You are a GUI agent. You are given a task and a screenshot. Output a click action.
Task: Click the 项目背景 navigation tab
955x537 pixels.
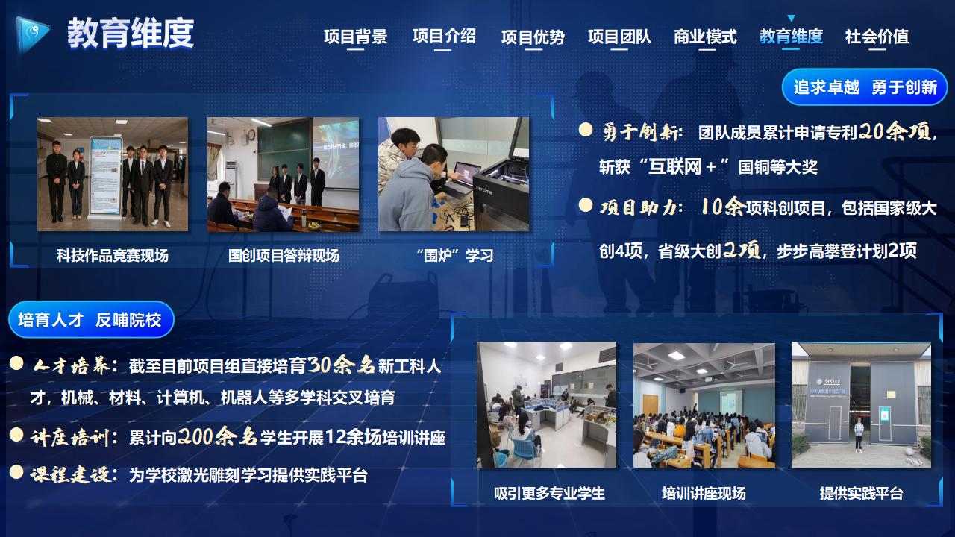coord(355,37)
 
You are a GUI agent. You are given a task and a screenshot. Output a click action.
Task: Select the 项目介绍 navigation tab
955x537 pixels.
coord(444,37)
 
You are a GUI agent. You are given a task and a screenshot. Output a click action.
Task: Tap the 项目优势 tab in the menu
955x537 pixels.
coord(533,37)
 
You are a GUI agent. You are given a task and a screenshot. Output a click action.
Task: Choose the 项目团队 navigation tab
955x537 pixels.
coord(619,37)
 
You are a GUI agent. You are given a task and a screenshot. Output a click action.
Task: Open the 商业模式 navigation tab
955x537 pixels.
coord(705,37)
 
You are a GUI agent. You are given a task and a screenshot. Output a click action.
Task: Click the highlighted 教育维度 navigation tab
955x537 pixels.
coord(791,37)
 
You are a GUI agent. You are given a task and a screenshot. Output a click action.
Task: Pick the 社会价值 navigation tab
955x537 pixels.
coord(877,37)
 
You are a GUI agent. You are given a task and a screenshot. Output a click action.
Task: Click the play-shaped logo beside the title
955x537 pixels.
coord(32,34)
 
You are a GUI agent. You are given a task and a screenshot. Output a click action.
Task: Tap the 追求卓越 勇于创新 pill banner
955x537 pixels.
coord(865,87)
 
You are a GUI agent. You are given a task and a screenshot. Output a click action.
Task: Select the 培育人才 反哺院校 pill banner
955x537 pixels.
coord(91,320)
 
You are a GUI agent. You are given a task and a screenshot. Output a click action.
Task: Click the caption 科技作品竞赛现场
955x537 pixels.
coord(113,255)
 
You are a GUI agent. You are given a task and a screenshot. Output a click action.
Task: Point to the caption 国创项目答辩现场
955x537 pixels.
coord(284,255)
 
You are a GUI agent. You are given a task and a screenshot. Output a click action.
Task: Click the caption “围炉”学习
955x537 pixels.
coord(454,255)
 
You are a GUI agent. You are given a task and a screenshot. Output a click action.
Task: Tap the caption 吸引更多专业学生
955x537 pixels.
coord(549,494)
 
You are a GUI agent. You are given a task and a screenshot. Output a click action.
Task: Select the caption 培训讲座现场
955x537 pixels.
coord(704,494)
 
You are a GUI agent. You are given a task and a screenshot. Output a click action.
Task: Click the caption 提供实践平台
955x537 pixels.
coord(861,494)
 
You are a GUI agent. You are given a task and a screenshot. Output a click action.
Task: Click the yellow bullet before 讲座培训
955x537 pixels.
coord(16,435)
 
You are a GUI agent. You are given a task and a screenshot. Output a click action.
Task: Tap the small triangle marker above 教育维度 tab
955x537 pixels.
coord(792,18)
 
